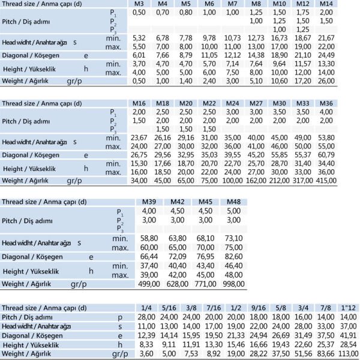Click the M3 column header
click(139, 4)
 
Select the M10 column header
click(279, 4)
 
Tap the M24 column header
click(232, 103)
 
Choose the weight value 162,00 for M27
click(256, 179)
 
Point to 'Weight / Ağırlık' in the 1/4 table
click(26, 354)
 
